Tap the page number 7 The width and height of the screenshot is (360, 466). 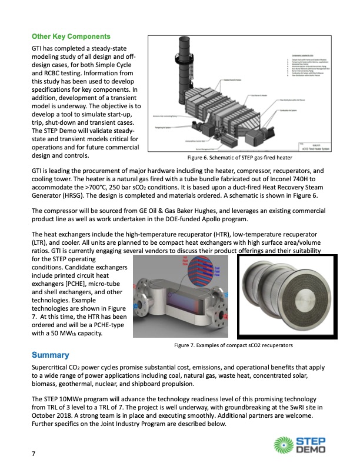35,454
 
